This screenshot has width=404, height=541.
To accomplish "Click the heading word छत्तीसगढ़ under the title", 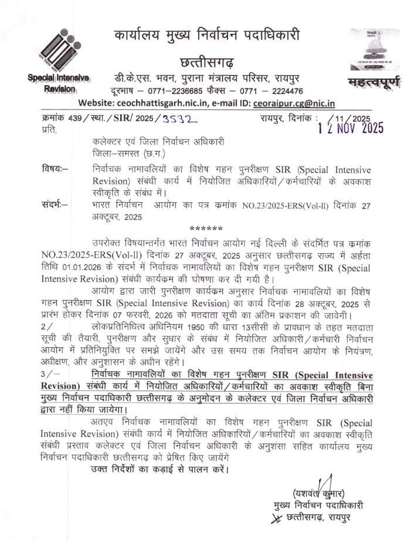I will (206, 61).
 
